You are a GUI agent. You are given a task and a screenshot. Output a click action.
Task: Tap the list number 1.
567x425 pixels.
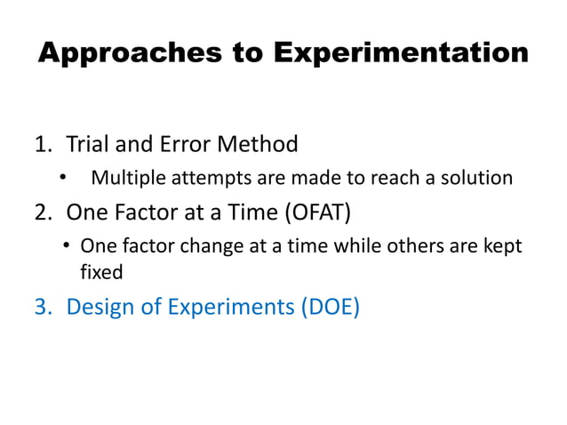point(43,144)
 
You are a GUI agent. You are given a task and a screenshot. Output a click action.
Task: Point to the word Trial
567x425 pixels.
point(89,144)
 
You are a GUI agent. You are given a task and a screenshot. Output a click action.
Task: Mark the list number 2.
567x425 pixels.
point(43,212)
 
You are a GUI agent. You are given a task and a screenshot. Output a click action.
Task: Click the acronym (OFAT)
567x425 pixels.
point(322,212)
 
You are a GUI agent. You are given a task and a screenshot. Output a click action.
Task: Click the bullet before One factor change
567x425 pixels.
point(68,245)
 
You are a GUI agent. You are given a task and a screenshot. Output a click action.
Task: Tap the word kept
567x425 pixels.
point(504,246)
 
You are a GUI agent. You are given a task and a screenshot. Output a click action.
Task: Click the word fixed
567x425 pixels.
point(101,273)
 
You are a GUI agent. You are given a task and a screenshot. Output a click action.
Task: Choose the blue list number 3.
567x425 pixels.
point(43,307)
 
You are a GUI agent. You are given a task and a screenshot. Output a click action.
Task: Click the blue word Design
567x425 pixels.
point(100,307)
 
